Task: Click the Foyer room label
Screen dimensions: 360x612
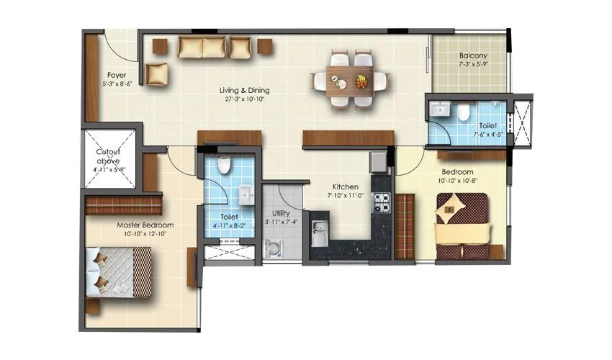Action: pos(117,74)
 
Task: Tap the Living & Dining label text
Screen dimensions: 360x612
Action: pos(245,90)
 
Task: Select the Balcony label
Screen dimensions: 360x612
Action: pos(473,55)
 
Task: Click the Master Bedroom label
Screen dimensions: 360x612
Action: pos(145,225)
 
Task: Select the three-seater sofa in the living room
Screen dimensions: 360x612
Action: pos(202,48)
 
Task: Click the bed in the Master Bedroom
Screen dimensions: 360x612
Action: pos(119,271)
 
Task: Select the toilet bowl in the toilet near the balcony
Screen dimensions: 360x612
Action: pos(464,112)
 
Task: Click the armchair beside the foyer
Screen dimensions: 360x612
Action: pos(157,73)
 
